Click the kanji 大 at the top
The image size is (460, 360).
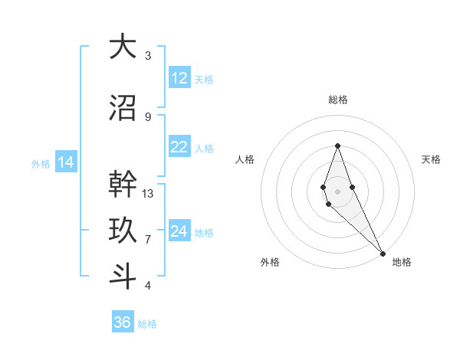click(123, 47)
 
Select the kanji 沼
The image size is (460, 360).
click(123, 109)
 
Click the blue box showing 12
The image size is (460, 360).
click(179, 78)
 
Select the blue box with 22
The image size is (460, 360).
click(179, 147)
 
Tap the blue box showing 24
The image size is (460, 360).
click(179, 231)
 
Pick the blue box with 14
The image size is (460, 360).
click(65, 162)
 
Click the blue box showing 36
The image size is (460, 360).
click(123, 322)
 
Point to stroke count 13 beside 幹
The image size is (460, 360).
click(148, 194)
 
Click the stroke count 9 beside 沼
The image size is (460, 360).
click(148, 116)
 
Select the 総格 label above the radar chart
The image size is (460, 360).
click(337, 100)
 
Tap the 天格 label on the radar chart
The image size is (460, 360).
click(431, 159)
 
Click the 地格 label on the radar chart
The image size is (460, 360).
click(402, 262)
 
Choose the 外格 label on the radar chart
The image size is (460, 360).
click(270, 262)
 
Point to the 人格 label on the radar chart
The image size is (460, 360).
click(245, 159)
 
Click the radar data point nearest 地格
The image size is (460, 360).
click(383, 253)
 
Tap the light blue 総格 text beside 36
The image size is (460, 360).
click(147, 324)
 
